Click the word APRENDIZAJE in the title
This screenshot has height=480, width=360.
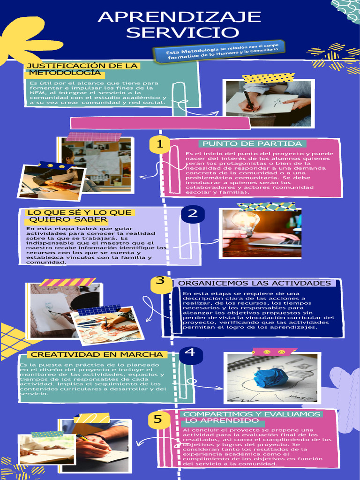click(x=179, y=17)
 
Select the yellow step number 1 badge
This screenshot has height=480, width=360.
click(x=160, y=144)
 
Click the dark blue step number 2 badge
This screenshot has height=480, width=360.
click(x=193, y=214)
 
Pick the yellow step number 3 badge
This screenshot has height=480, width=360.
click(x=160, y=281)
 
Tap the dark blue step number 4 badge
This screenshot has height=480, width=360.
click(x=190, y=352)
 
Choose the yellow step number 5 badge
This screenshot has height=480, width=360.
click(x=158, y=419)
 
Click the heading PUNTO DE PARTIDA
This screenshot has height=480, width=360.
click(x=252, y=144)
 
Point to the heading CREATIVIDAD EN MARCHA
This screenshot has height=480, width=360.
click(x=97, y=355)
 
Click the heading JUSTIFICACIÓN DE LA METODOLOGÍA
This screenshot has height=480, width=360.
click(x=82, y=69)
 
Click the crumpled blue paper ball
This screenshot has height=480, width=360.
click(x=270, y=377)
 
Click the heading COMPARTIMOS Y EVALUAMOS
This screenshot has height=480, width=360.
click(x=252, y=414)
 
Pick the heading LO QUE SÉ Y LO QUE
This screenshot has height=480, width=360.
click(x=79, y=213)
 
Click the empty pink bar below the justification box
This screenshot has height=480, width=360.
click(x=160, y=123)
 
